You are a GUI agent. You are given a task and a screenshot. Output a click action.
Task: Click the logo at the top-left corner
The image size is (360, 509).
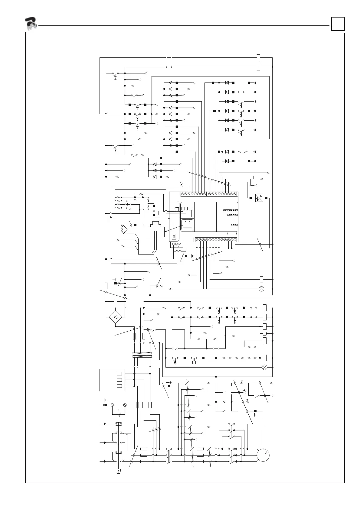31,24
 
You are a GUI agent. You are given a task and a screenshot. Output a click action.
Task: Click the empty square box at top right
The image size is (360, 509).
338,24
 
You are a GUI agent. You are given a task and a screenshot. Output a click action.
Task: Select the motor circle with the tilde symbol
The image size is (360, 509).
263,455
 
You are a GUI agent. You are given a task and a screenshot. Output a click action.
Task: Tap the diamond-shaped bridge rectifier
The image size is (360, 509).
115,317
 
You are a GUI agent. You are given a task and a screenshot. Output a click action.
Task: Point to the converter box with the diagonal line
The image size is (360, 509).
259,198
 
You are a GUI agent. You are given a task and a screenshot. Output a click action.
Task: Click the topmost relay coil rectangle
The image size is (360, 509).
258,57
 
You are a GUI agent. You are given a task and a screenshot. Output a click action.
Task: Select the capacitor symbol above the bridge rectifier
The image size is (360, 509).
115,301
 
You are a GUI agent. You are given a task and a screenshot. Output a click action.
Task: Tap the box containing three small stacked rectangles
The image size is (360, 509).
112,380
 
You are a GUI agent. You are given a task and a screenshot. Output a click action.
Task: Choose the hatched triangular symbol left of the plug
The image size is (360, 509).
125,229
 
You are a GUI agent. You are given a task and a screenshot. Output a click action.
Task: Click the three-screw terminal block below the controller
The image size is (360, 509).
176,244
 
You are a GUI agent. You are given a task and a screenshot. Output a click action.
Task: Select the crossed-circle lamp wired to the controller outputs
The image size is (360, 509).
262,289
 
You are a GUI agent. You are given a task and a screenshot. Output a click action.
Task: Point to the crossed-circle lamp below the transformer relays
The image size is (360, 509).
264,367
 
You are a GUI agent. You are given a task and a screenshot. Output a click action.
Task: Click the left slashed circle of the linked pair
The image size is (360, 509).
112,405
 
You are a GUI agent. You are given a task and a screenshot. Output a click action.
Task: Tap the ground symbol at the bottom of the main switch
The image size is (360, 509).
119,471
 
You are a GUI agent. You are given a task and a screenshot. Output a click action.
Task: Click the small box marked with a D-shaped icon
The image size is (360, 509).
174,237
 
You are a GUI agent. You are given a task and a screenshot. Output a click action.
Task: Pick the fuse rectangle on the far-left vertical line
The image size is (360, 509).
106,286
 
